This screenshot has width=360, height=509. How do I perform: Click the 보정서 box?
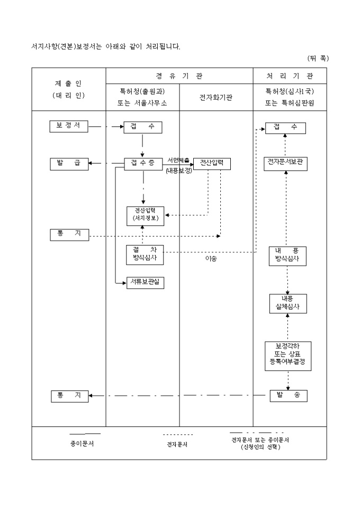pyautogui.click(x=69, y=126)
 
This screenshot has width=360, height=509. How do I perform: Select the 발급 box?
pyautogui.click(x=69, y=163)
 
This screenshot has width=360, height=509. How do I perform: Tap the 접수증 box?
pyautogui.click(x=143, y=163)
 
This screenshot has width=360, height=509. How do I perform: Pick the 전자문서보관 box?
pyautogui.click(x=286, y=163)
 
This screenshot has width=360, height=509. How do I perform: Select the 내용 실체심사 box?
pyautogui.click(x=287, y=303)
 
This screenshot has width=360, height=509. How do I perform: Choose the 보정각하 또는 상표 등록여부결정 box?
pyautogui.click(x=288, y=356)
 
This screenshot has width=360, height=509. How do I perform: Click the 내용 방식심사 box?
pyautogui.click(x=287, y=256)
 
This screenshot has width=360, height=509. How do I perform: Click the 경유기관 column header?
pyautogui.click(x=179, y=76)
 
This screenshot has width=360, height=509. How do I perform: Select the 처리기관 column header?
pyautogui.click(x=290, y=76)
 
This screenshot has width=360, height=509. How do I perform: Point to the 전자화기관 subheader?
pyautogui.click(x=216, y=97)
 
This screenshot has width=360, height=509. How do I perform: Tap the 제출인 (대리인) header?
pyautogui.click(x=69, y=89)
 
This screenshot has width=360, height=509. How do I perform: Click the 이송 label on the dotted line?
pyautogui.click(x=211, y=259)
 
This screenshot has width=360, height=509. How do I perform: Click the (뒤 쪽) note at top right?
pyautogui.click(x=318, y=58)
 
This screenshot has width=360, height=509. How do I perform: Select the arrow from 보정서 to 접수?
pyautogui.click(x=106, y=127)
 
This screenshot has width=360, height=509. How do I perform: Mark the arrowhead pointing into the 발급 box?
pyautogui.click(x=91, y=163)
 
